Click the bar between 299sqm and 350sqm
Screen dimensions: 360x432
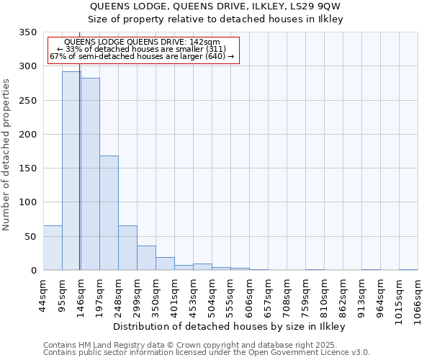coord(146,258)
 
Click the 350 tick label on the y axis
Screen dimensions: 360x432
coord(27,32)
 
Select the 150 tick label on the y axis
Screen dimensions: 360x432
coord(27,168)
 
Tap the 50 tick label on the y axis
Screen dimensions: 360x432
coord(30,237)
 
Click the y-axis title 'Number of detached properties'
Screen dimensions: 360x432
coord(6,156)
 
